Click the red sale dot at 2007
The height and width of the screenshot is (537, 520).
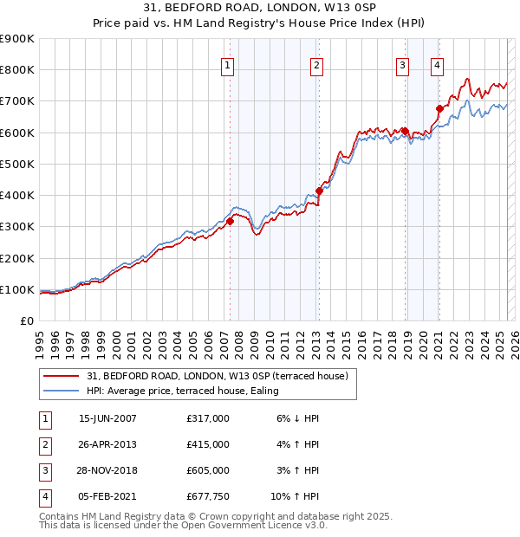pos(231,222)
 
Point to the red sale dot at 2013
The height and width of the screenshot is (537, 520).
pos(320,191)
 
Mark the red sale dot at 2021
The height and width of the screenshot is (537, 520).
pos(439,108)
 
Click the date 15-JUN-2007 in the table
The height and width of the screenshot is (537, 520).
pos(107,418)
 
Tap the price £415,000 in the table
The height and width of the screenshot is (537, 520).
pos(208,444)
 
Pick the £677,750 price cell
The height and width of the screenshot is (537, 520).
pos(208,496)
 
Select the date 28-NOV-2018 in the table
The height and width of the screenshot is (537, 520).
pos(107,470)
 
